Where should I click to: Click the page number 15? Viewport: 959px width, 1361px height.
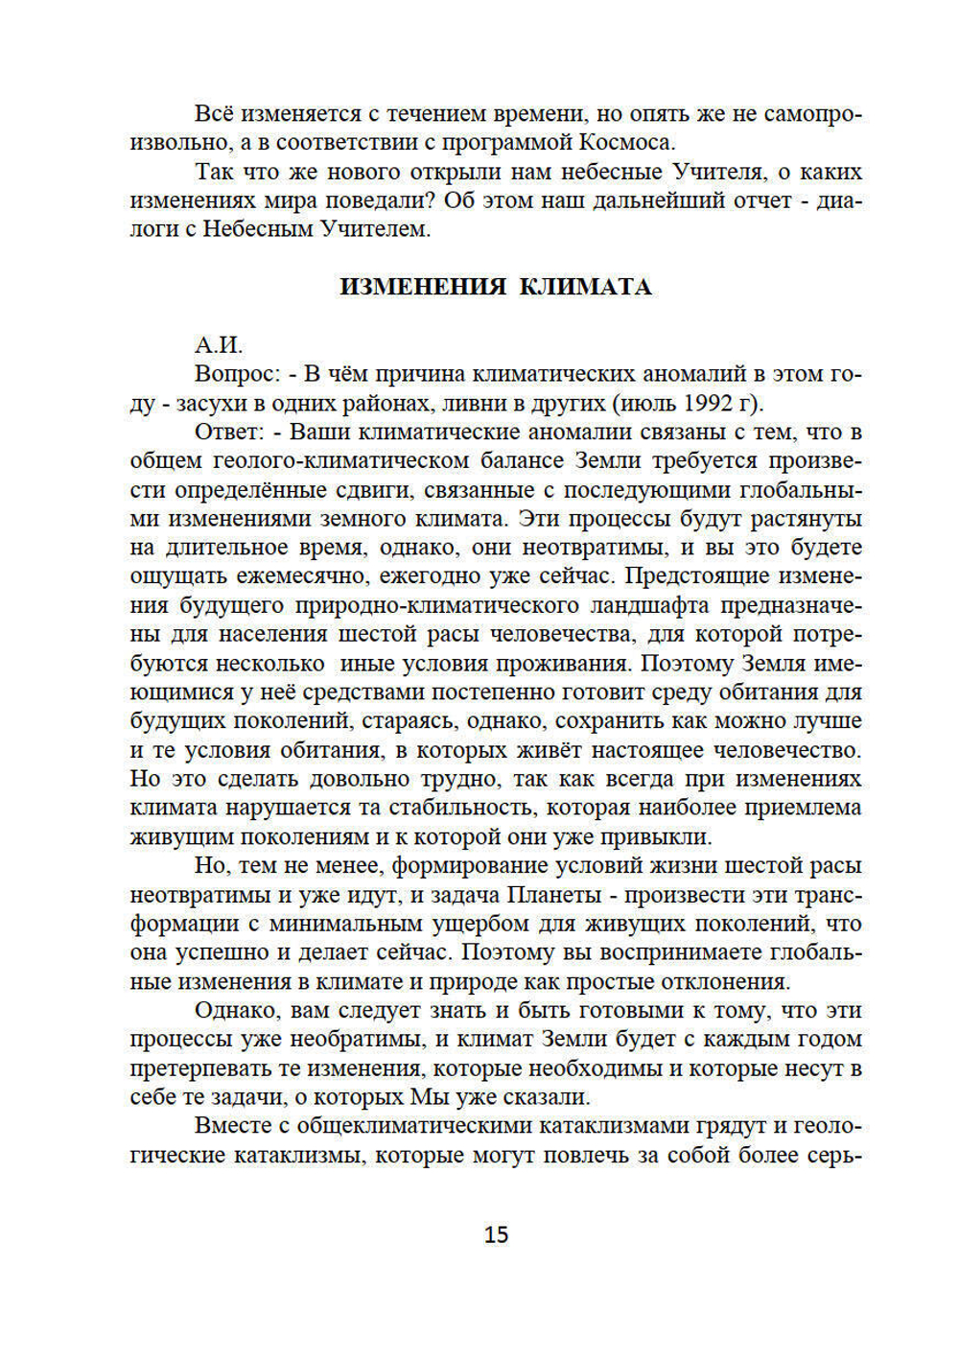[496, 1233]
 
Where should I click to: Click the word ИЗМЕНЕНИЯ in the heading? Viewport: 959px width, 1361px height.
[422, 287]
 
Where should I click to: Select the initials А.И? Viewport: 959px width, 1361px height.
[219, 345]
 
